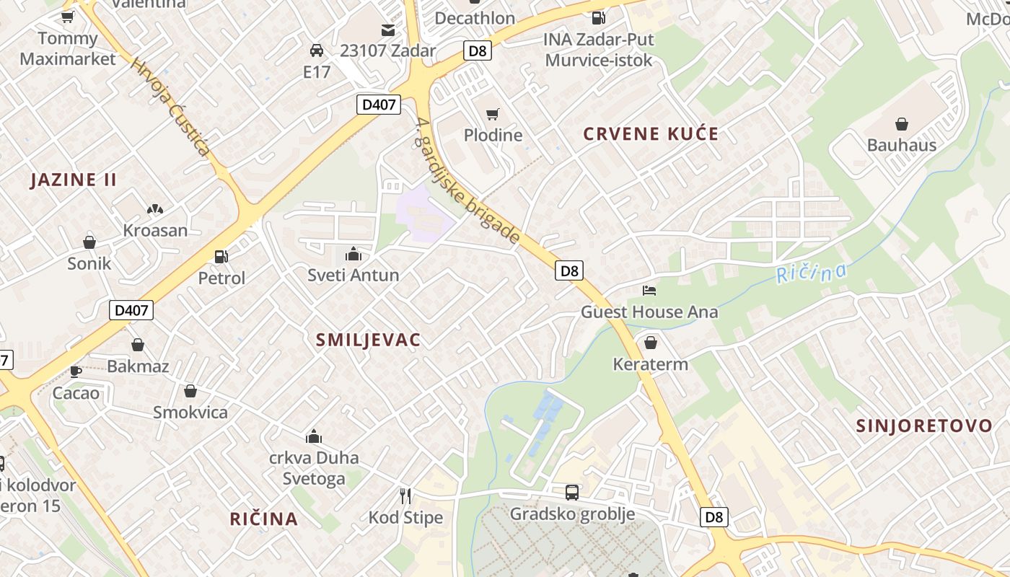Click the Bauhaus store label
[901, 145]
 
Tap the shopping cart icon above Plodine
[493, 114]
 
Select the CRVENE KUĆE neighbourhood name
[651, 133]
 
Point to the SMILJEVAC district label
[368, 340]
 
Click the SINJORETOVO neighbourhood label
[924, 426]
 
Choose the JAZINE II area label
[73, 180]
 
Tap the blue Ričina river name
[811, 273]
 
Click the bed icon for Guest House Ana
[649, 291]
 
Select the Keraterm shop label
[650, 364]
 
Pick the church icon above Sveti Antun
[353, 254]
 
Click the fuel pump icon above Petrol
[221, 256]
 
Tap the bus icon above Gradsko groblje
[572, 493]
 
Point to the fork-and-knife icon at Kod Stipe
[405, 495]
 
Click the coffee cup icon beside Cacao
[76, 371]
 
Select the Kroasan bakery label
[155, 231]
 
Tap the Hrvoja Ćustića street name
[170, 107]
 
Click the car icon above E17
[316, 50]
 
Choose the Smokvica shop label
[190, 413]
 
